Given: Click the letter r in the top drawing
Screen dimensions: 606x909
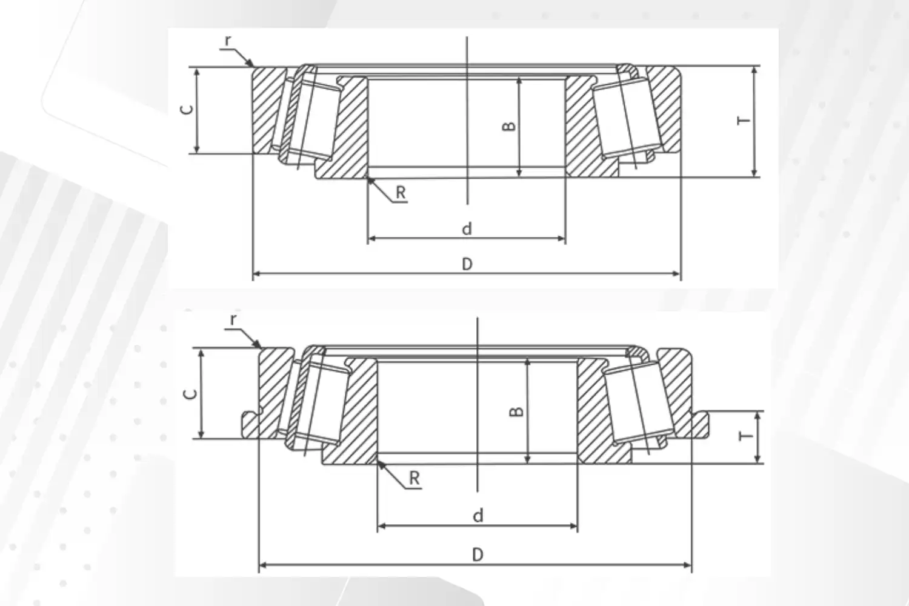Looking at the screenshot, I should [x=228, y=41].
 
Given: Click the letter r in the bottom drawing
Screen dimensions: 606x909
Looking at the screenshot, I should [x=234, y=319].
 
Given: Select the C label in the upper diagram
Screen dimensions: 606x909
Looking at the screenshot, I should [x=188, y=109].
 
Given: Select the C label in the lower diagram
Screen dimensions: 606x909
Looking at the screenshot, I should [x=190, y=393].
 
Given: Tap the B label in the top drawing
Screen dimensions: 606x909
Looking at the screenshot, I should [x=509, y=126].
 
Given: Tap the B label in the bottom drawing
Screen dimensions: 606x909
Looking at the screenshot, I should [x=516, y=411].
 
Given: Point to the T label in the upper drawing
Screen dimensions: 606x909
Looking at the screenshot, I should [x=743, y=120].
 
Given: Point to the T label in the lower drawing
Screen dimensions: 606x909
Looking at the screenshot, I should [x=747, y=436].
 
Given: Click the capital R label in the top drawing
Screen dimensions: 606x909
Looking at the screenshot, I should [x=401, y=193].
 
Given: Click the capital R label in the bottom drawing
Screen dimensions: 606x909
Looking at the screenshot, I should [x=415, y=478].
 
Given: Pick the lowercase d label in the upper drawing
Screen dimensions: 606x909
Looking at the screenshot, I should [x=467, y=229].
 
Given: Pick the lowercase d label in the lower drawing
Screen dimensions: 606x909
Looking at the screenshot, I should [x=478, y=516].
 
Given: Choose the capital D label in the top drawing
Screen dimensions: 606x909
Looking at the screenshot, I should [x=467, y=264].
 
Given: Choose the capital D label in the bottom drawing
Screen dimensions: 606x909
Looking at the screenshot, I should [x=478, y=554].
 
